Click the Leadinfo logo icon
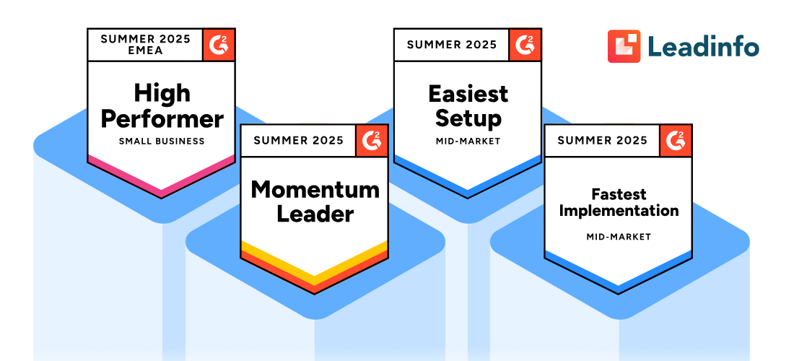[x=624, y=46]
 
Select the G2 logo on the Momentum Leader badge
[x=371, y=140]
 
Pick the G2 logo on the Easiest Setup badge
[x=525, y=45]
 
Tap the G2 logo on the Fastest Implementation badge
[x=676, y=140]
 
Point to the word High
[x=162, y=93]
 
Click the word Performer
[x=162, y=118]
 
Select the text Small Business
[x=162, y=141]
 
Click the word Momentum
[x=315, y=190]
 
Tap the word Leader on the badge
[x=315, y=214]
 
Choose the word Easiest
[x=468, y=94]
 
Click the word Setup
[x=468, y=118]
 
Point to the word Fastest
[x=619, y=194]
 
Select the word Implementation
[x=619, y=211]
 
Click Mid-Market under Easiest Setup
[x=468, y=141]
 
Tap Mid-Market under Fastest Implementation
[x=619, y=237]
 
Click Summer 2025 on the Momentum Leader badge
[x=298, y=140]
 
